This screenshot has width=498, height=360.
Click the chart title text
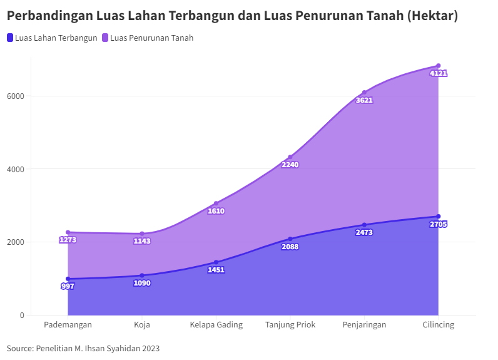232,16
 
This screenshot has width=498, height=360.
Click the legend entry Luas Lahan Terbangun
56,38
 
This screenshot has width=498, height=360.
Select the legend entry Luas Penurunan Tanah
151,38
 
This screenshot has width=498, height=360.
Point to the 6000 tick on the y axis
16,96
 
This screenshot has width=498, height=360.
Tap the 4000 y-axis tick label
16,169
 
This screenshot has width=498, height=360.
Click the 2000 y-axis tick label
16,242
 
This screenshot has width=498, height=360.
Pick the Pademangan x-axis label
68,325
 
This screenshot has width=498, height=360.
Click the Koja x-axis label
142,325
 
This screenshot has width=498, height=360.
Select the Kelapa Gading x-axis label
216,325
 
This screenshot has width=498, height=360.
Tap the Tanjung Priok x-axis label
290,325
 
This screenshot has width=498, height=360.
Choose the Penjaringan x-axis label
364,325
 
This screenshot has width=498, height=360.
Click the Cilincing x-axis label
438,325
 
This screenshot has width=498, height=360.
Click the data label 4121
439,73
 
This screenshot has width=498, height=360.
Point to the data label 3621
364,100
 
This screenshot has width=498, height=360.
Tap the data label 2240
290,165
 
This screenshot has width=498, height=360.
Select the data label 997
68,286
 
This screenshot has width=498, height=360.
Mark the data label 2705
439,224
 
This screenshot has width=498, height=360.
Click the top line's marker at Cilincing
439,66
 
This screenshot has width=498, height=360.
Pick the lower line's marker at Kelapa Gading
216,262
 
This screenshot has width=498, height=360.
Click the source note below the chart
83,348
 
